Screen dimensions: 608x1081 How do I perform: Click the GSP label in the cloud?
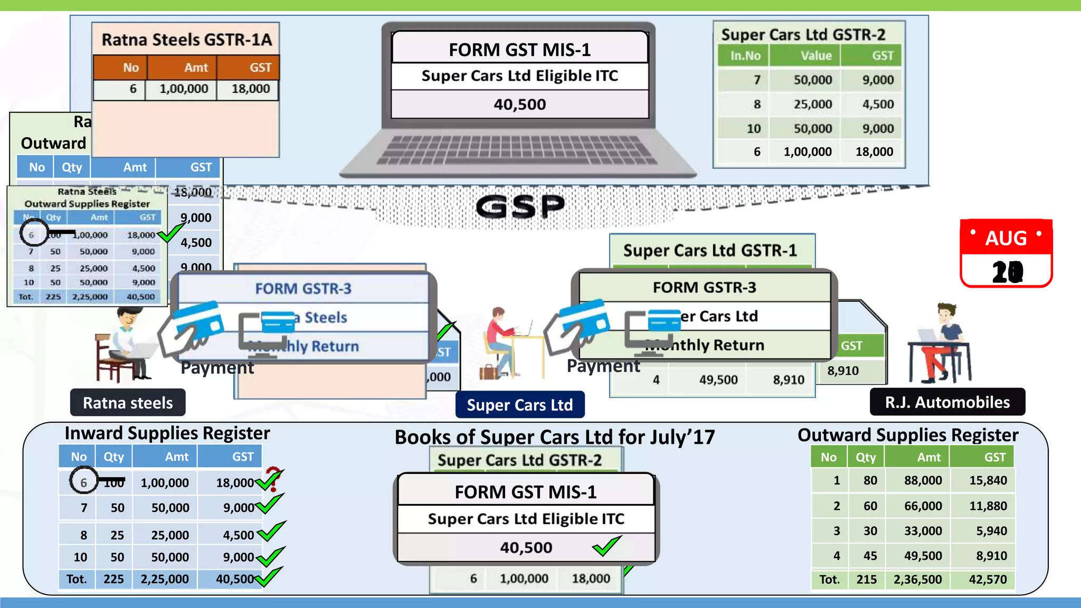tap(520, 206)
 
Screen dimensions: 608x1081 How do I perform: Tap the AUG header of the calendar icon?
tap(1006, 238)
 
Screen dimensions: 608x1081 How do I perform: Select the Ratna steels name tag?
tap(128, 403)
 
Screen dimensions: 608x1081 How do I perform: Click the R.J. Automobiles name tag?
tap(947, 402)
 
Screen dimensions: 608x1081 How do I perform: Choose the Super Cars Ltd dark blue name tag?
tap(519, 405)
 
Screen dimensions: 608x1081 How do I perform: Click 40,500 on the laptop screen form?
tap(520, 104)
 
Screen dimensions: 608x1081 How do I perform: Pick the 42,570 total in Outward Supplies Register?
tap(988, 579)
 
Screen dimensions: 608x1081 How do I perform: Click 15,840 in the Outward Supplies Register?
tap(988, 480)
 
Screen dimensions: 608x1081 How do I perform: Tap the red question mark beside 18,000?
tap(273, 478)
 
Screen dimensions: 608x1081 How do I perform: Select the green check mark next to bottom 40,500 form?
tap(606, 546)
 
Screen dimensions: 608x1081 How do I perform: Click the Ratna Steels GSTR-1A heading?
tap(186, 40)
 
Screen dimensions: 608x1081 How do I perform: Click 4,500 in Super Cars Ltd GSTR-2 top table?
tap(878, 104)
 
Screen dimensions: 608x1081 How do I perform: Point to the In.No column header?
tap(745, 55)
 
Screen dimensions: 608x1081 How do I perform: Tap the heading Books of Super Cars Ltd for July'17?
tap(554, 437)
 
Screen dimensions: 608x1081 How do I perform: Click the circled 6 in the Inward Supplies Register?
tap(83, 481)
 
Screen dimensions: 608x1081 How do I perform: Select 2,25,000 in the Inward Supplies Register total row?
tap(164, 579)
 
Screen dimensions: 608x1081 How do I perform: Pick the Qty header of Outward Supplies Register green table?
tap(865, 457)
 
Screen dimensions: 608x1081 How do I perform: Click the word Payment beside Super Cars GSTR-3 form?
tap(603, 366)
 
